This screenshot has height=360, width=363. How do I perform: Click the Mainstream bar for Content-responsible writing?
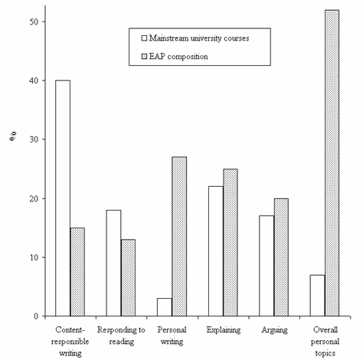(x=63, y=198)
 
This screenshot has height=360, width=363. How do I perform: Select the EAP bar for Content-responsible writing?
(x=77, y=272)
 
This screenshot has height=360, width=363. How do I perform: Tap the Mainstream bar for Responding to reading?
(x=113, y=263)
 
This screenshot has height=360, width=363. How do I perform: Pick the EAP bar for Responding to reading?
(x=128, y=278)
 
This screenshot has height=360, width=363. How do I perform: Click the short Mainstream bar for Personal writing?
(x=165, y=307)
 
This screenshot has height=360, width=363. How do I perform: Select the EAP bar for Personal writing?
(x=179, y=237)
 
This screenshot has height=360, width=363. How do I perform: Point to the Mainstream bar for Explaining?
(x=216, y=251)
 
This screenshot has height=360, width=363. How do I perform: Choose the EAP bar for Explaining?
(x=231, y=243)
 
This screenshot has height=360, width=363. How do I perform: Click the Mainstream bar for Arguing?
(x=267, y=266)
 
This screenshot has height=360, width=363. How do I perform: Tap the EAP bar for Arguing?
(x=281, y=257)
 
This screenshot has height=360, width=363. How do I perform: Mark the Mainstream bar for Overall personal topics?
(x=318, y=296)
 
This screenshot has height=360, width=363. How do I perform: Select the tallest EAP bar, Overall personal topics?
(x=332, y=163)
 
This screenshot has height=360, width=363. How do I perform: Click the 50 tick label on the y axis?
(x=34, y=21)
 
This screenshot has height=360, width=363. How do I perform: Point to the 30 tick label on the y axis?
(x=34, y=139)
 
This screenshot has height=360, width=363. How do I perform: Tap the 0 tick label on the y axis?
(x=36, y=316)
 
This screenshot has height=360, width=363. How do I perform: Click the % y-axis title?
(x=13, y=136)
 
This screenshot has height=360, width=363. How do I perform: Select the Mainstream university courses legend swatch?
(x=144, y=38)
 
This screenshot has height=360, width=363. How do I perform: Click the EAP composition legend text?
(x=178, y=57)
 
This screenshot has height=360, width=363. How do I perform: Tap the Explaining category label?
(x=224, y=330)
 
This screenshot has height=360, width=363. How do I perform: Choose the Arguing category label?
(x=274, y=330)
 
